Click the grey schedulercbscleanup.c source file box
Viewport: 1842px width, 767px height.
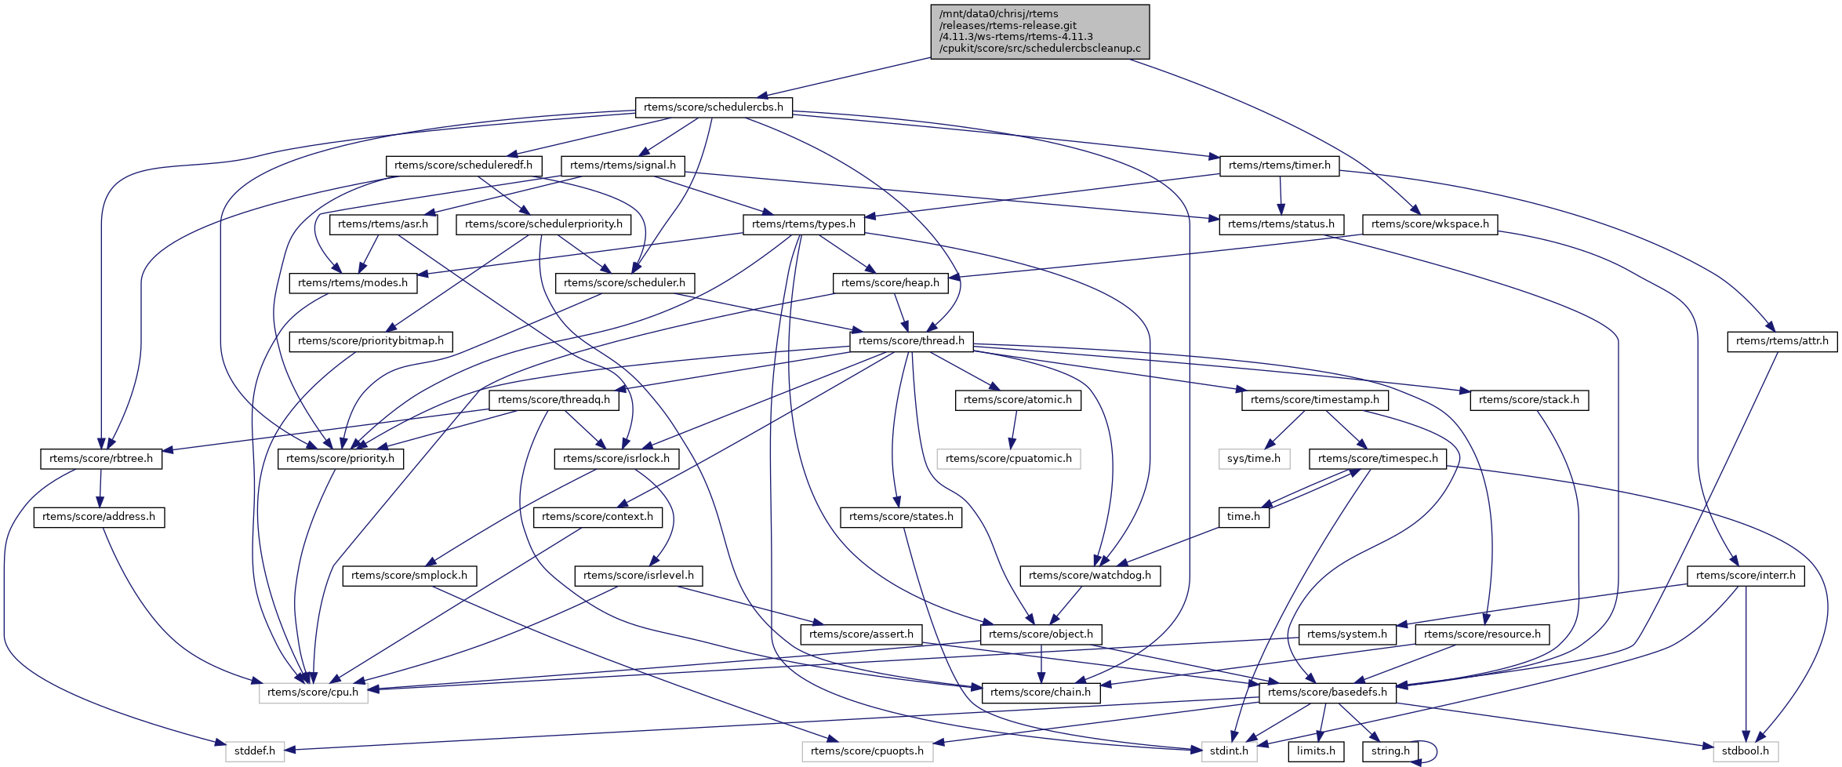(1040, 31)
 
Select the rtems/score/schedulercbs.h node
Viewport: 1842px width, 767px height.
(713, 107)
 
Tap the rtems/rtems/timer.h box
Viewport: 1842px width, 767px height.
(1279, 165)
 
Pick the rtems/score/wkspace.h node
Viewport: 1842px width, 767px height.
(1430, 224)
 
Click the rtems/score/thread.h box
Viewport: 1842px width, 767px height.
(911, 341)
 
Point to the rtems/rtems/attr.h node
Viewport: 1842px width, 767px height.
(1782, 341)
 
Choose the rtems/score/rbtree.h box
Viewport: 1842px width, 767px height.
(101, 459)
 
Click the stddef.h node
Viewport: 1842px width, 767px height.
(255, 751)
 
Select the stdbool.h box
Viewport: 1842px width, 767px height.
(1745, 751)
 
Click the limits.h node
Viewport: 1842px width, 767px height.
(1316, 751)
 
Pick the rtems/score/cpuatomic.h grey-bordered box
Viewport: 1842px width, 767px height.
(1008, 459)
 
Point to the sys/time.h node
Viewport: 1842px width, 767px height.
(1253, 459)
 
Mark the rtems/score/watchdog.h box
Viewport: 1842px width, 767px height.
(1089, 576)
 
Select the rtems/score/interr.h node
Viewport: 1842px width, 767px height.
(1746, 576)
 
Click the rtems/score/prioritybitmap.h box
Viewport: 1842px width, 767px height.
(370, 341)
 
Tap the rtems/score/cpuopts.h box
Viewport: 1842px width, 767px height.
(867, 751)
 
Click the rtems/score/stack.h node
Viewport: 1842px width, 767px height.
(1528, 400)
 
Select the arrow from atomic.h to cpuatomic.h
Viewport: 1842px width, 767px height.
(1013, 429)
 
